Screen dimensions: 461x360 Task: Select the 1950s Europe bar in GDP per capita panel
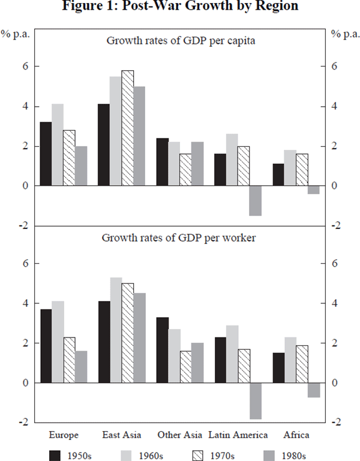46,154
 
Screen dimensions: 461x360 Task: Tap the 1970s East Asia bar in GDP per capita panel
127,128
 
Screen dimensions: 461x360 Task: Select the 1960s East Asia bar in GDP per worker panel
116,330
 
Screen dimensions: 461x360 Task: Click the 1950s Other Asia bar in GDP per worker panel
163,350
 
